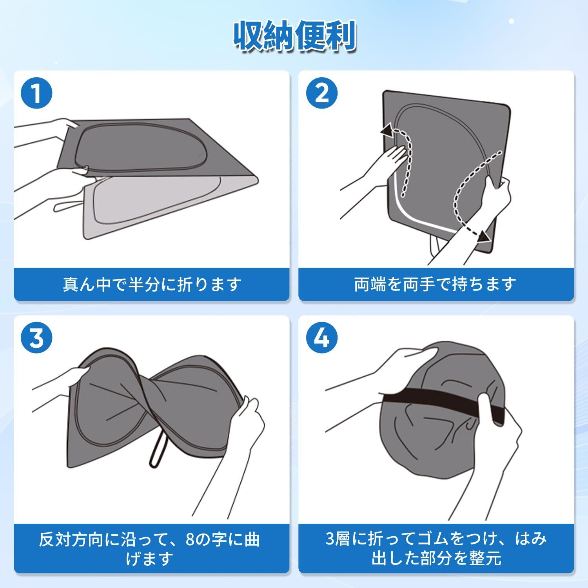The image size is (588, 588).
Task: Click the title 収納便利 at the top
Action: coord(294,38)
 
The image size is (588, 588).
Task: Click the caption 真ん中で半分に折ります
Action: coord(152,284)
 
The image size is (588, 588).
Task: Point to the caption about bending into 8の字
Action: coord(149,548)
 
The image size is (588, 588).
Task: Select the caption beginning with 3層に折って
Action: coord(436,548)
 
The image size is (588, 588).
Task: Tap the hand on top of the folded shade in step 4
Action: coord(408,361)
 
